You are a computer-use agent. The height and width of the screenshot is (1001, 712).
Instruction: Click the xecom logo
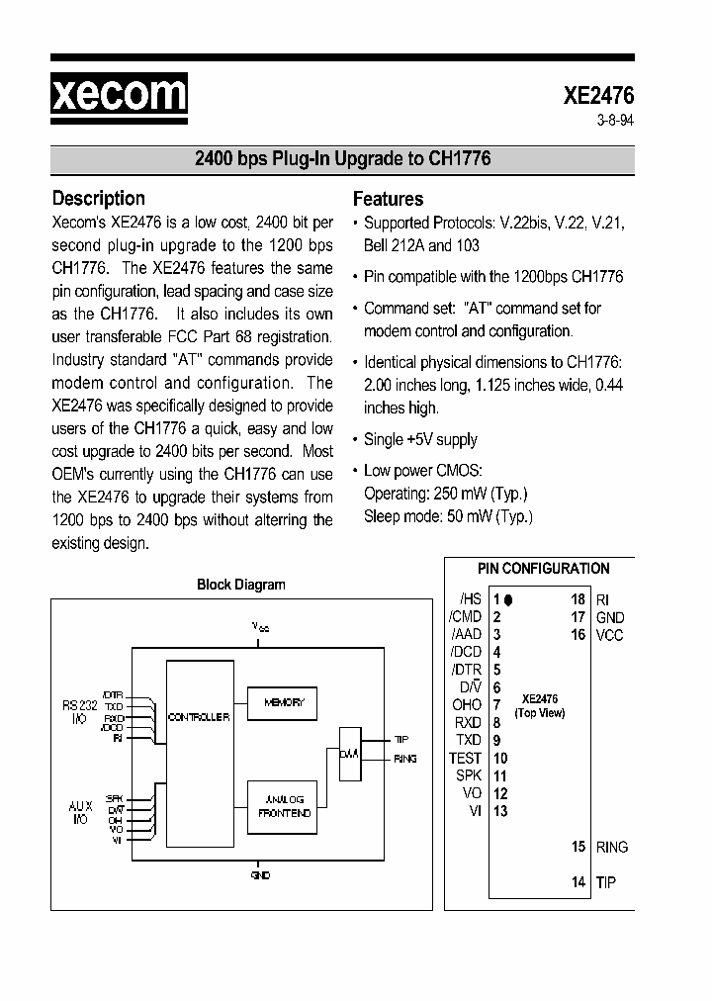tap(119, 95)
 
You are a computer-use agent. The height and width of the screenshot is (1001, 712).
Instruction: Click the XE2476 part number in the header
tap(598, 96)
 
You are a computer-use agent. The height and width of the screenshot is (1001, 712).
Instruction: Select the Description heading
tap(98, 198)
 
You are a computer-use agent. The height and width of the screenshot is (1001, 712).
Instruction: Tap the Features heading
tap(388, 198)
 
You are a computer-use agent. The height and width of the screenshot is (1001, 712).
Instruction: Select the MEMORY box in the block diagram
tap(284, 702)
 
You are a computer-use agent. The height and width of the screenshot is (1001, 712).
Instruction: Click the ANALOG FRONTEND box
tap(284, 806)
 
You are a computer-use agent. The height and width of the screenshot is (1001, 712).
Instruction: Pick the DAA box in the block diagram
tap(349, 754)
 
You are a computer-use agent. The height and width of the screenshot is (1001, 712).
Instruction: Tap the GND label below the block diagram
tap(260, 875)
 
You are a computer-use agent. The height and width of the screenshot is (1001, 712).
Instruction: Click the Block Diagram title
tap(241, 585)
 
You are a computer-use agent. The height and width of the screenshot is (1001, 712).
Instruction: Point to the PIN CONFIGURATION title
tap(543, 569)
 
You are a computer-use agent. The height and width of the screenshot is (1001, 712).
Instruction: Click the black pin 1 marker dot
tap(508, 599)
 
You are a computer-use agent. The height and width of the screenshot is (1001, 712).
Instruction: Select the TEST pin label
tap(465, 759)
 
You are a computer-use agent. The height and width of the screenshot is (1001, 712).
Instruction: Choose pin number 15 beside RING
tap(578, 847)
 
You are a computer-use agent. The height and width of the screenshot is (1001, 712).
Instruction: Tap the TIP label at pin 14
tap(606, 882)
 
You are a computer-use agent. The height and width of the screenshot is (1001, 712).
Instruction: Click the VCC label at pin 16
tap(610, 635)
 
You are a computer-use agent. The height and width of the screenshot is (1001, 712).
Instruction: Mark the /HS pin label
tap(470, 599)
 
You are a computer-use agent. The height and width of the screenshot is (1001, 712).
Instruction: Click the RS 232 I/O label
tap(79, 712)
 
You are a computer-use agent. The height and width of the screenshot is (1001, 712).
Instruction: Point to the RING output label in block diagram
tap(405, 759)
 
